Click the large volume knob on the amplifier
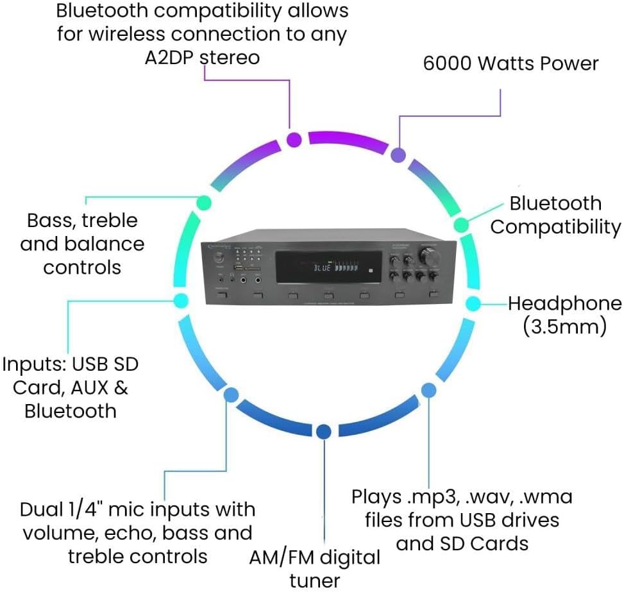[430, 255]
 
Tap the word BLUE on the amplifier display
[322, 268]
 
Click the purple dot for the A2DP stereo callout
[294, 139]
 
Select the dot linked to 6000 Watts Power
[398, 155]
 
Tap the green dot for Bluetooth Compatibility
[460, 225]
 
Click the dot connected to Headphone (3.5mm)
[473, 303]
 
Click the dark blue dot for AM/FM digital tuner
[324, 432]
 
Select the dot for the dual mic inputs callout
[231, 394]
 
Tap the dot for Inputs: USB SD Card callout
[181, 300]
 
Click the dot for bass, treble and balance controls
[203, 201]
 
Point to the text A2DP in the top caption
[170, 57]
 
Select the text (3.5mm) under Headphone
[564, 327]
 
